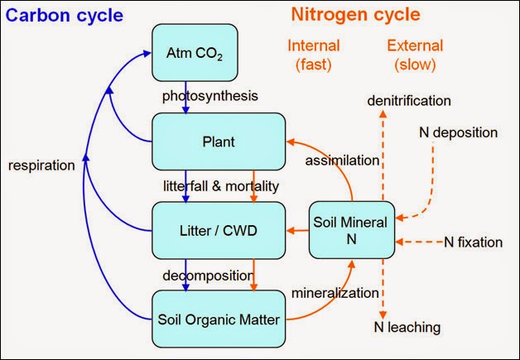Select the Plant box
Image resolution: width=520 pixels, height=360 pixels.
coord(218,142)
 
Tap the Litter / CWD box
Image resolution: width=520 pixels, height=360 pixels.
coord(218,228)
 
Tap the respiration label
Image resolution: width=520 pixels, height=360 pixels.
coord(41,166)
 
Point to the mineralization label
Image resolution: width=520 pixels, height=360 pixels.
coord(335,292)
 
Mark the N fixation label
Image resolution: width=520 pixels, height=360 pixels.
coord(474,242)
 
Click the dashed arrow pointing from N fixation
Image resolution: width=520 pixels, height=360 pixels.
coord(420,242)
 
